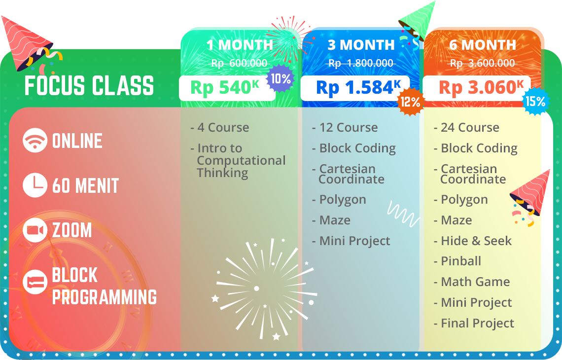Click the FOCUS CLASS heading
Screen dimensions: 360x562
tap(89, 86)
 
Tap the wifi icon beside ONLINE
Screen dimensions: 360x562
tap(35, 141)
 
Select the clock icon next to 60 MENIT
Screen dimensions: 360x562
tap(35, 186)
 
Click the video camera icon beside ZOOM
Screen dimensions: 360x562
tap(35, 230)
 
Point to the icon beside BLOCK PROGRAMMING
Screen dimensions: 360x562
tap(35, 283)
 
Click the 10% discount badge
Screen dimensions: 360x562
tap(281, 78)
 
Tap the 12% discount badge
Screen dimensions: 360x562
tap(410, 102)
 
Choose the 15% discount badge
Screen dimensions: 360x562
tap(536, 102)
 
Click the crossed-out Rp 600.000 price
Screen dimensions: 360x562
tap(239, 63)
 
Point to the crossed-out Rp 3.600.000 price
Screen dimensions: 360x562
tap(482, 63)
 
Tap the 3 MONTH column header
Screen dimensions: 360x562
tap(361, 45)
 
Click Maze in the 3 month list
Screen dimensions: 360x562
tap(335, 220)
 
